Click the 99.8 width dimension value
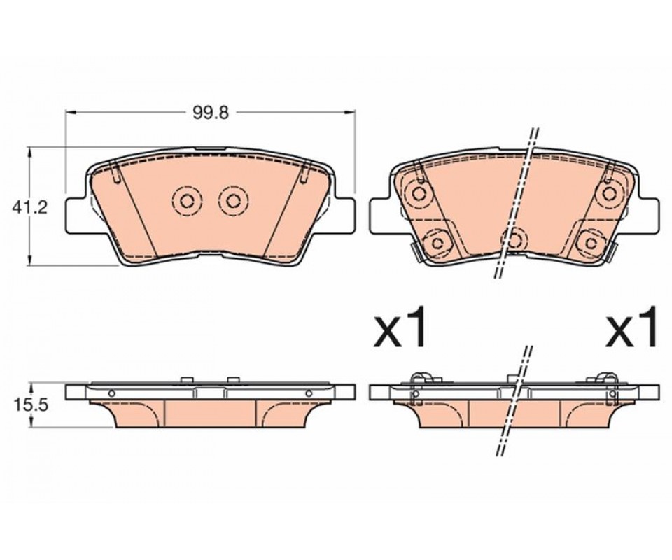coord(211,113)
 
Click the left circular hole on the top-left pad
coord(187,200)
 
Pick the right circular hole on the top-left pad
coord(233,200)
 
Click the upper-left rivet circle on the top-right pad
coord(418,193)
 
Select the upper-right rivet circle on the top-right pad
coord(608,193)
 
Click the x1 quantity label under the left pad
coord(400,325)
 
